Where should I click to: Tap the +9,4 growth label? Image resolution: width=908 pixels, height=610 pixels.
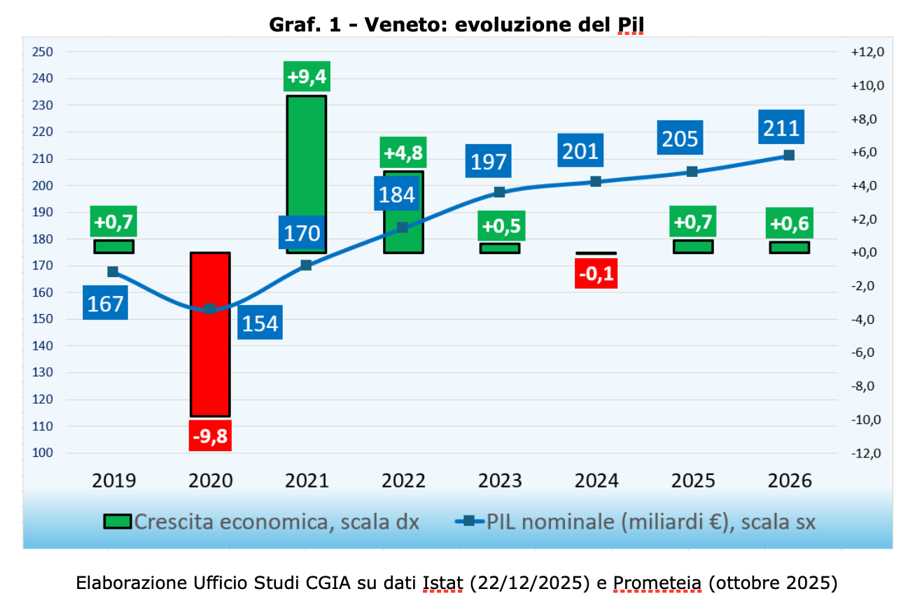[x=307, y=76]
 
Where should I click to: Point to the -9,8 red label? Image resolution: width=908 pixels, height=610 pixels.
[x=210, y=436]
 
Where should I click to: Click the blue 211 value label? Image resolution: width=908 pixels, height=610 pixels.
[x=781, y=128]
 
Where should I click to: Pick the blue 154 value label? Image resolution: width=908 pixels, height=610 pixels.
[x=260, y=322]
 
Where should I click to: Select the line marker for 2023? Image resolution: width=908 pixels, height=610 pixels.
[x=499, y=192]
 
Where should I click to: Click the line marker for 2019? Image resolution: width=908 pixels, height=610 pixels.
[x=113, y=271]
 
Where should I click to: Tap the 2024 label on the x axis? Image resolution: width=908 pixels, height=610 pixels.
[x=596, y=481]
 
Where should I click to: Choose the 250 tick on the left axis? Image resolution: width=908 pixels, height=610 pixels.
[x=43, y=52]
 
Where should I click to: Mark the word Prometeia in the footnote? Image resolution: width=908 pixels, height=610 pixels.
[x=657, y=583]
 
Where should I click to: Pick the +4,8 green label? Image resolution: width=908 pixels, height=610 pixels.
[x=403, y=152]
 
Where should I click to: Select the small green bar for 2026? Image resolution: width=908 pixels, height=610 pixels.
[x=789, y=247]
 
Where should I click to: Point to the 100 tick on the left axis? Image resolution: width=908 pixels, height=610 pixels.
[x=43, y=453]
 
